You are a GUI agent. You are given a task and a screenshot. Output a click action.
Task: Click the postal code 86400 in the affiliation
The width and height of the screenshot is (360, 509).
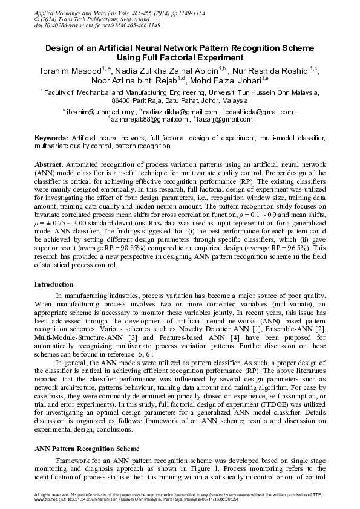[125, 100]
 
